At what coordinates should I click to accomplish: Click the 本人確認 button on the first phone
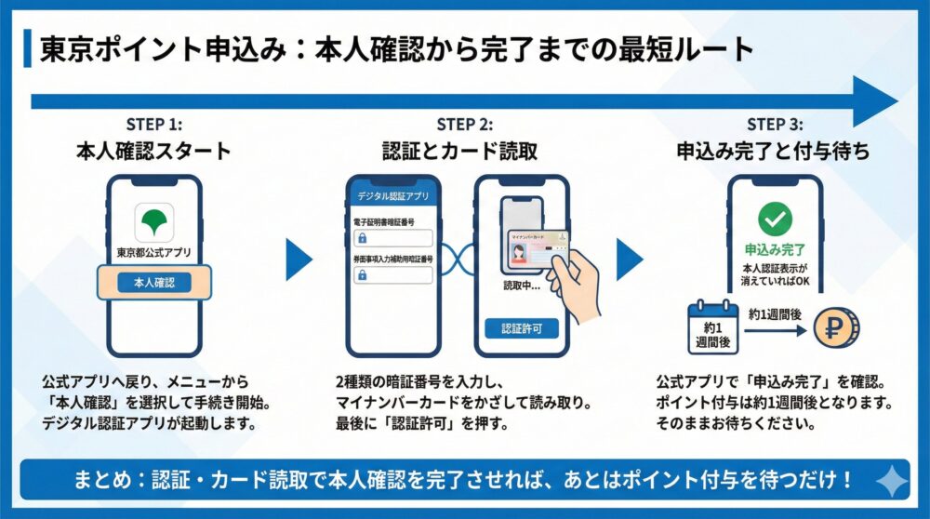pos(154,282)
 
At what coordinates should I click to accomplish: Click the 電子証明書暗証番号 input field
pos(392,238)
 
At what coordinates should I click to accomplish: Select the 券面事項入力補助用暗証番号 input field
pos(392,274)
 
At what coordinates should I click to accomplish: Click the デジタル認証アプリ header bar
pos(392,196)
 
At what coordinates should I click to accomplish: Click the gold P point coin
pos(835,327)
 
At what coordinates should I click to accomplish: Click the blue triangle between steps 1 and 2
pos(299,259)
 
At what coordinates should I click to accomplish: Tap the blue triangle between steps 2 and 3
pos(630,259)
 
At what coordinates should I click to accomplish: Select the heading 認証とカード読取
pos(464,151)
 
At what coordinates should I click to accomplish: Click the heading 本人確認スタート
pos(154,151)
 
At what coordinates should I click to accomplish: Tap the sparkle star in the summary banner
pos(892,480)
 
